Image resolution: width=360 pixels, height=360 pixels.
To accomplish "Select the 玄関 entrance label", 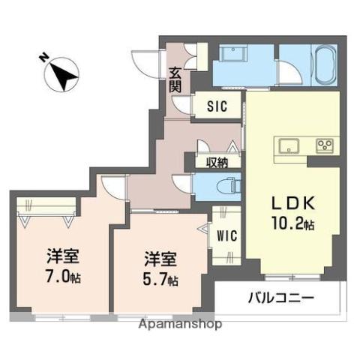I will (175, 79).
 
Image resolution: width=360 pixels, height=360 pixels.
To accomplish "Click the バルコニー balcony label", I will (280, 298).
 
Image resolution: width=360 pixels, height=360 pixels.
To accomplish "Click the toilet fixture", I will (224, 184).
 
